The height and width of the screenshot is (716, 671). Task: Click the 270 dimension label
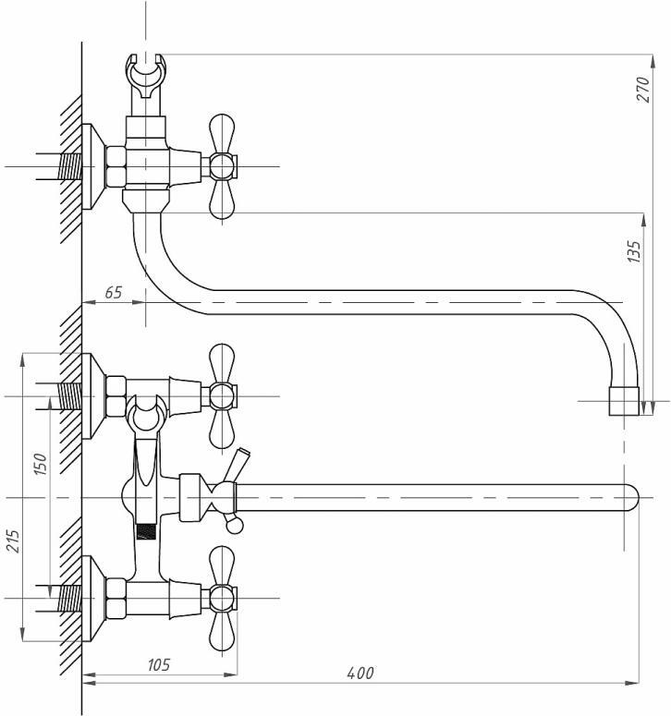click(x=642, y=90)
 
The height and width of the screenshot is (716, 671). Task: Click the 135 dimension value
click(x=634, y=251)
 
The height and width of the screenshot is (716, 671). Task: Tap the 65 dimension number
click(x=114, y=292)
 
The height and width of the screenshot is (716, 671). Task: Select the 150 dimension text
click(x=40, y=464)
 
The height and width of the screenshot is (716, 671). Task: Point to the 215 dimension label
click(x=13, y=541)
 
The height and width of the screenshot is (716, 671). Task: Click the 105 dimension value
click(x=158, y=664)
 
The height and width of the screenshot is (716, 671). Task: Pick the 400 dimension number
click(x=360, y=673)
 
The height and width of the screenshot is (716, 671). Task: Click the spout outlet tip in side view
click(x=624, y=401)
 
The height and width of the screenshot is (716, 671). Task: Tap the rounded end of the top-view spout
click(x=632, y=497)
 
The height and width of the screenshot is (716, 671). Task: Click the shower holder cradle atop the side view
click(x=146, y=76)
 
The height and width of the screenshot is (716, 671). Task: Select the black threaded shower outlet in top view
click(x=146, y=531)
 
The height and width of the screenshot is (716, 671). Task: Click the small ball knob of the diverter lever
click(x=235, y=527)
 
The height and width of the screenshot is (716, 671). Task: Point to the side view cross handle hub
click(x=223, y=166)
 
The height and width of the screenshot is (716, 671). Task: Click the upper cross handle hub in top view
click(x=223, y=396)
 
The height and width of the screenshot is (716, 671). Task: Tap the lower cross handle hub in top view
click(x=223, y=599)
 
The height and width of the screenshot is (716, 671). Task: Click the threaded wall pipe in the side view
click(x=71, y=166)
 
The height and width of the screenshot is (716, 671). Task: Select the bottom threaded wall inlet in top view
click(x=71, y=599)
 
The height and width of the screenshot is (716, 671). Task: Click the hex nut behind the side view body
click(x=116, y=166)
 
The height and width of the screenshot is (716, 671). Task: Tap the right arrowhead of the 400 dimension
click(x=632, y=683)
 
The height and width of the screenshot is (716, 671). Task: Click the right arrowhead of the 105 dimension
click(x=231, y=674)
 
